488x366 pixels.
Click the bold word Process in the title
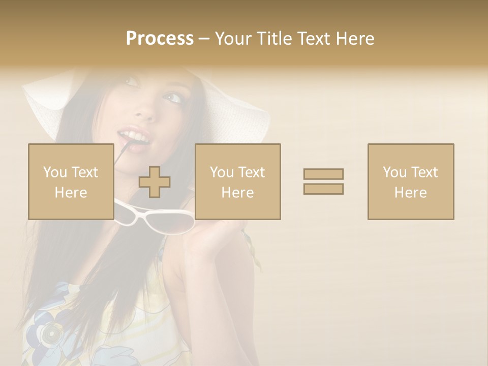160,39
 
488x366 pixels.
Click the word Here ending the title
355,39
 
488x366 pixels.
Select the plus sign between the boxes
155,182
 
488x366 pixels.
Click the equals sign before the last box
323,181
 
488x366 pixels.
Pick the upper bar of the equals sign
323,174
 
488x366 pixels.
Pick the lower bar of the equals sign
323,189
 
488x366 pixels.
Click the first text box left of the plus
71,181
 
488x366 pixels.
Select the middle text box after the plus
237,181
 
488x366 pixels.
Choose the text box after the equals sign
410,181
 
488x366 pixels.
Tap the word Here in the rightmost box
410,192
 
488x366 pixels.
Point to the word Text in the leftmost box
85,172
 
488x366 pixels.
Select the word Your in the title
232,39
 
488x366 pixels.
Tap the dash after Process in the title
204,39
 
